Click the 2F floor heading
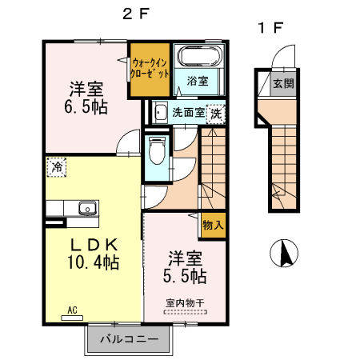pos(134,14)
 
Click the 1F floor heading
pos(270,28)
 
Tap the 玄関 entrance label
pos(282,82)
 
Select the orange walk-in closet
pos(150,70)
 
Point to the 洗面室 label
pos(189,113)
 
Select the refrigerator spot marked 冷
pos(57,167)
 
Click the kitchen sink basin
pos(87,210)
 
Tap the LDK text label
pos(92,244)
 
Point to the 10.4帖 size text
pos(93,262)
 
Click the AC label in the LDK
pos(71,309)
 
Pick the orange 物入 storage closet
pos(213,226)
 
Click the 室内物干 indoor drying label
pos(185,302)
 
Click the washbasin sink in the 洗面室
pos(159,113)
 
